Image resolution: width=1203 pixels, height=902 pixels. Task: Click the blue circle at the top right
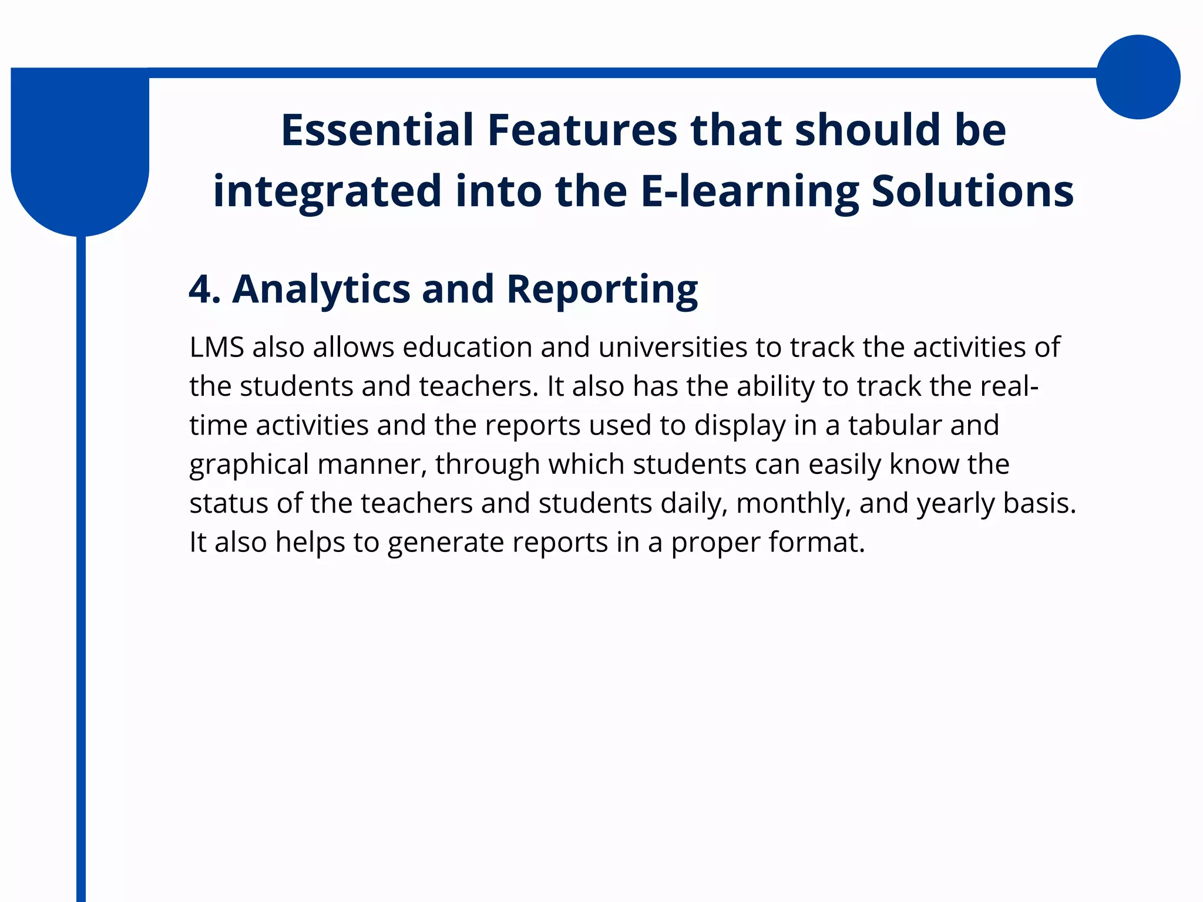(1138, 77)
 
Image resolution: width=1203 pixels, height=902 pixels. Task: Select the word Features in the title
(582, 130)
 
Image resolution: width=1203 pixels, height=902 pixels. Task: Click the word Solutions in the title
(972, 191)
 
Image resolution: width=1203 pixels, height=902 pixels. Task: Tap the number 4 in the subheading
(200, 289)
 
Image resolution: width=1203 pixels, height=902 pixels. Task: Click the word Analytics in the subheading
(321, 289)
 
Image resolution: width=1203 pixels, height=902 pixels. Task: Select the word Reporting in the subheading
(601, 289)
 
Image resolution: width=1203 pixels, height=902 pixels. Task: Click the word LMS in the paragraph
(217, 347)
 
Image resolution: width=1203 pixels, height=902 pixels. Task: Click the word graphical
(249, 465)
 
